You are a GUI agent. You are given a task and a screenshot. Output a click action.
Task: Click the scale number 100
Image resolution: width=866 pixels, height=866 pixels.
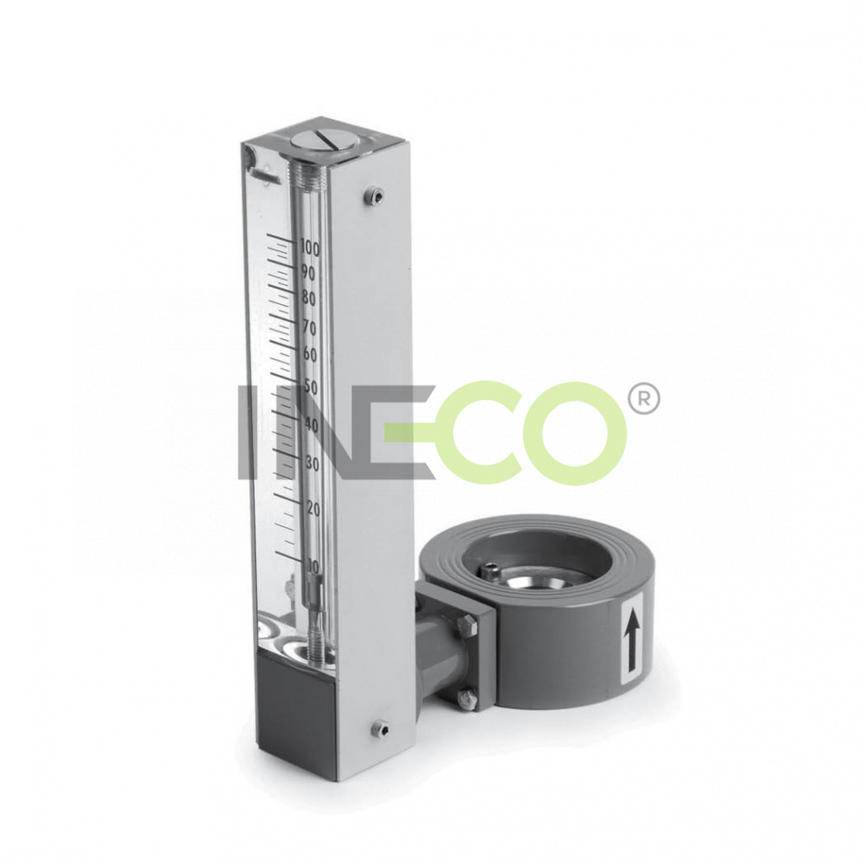tap(310, 249)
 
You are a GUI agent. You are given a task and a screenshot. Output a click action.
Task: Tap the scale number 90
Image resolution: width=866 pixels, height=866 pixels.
tap(308, 274)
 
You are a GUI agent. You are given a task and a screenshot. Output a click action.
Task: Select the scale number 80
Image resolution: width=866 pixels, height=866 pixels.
tap(309, 299)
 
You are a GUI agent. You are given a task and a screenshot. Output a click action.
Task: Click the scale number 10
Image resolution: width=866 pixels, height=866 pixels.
tap(313, 566)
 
